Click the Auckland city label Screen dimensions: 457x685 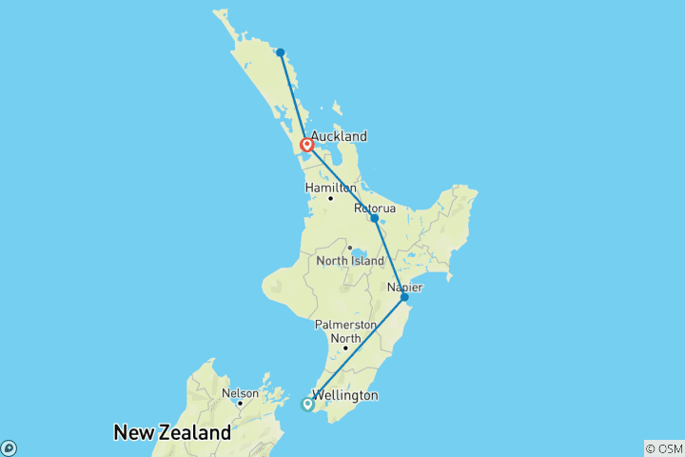pos(339,136)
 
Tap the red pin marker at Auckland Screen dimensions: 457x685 pos(307,146)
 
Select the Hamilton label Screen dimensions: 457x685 pos(331,189)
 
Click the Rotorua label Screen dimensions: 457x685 pos(374,207)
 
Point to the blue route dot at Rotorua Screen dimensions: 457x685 pos(375,219)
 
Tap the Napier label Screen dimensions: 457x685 pos(405,287)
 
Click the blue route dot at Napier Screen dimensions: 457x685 pos(404,298)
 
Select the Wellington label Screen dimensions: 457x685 pos(346,395)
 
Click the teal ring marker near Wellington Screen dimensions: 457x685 pos(307,405)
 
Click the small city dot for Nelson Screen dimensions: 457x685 pos(240,404)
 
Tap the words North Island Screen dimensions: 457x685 pos(350,261)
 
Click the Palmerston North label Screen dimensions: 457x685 pos(345,331)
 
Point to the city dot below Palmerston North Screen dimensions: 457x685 pos(345,348)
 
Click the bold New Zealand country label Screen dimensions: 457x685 pos(172,433)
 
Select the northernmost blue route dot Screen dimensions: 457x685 pos(281,52)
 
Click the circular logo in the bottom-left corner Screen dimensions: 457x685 pos(9,447)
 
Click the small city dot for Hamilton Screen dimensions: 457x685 pos(330,198)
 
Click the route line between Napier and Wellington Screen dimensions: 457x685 pos(357,350)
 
